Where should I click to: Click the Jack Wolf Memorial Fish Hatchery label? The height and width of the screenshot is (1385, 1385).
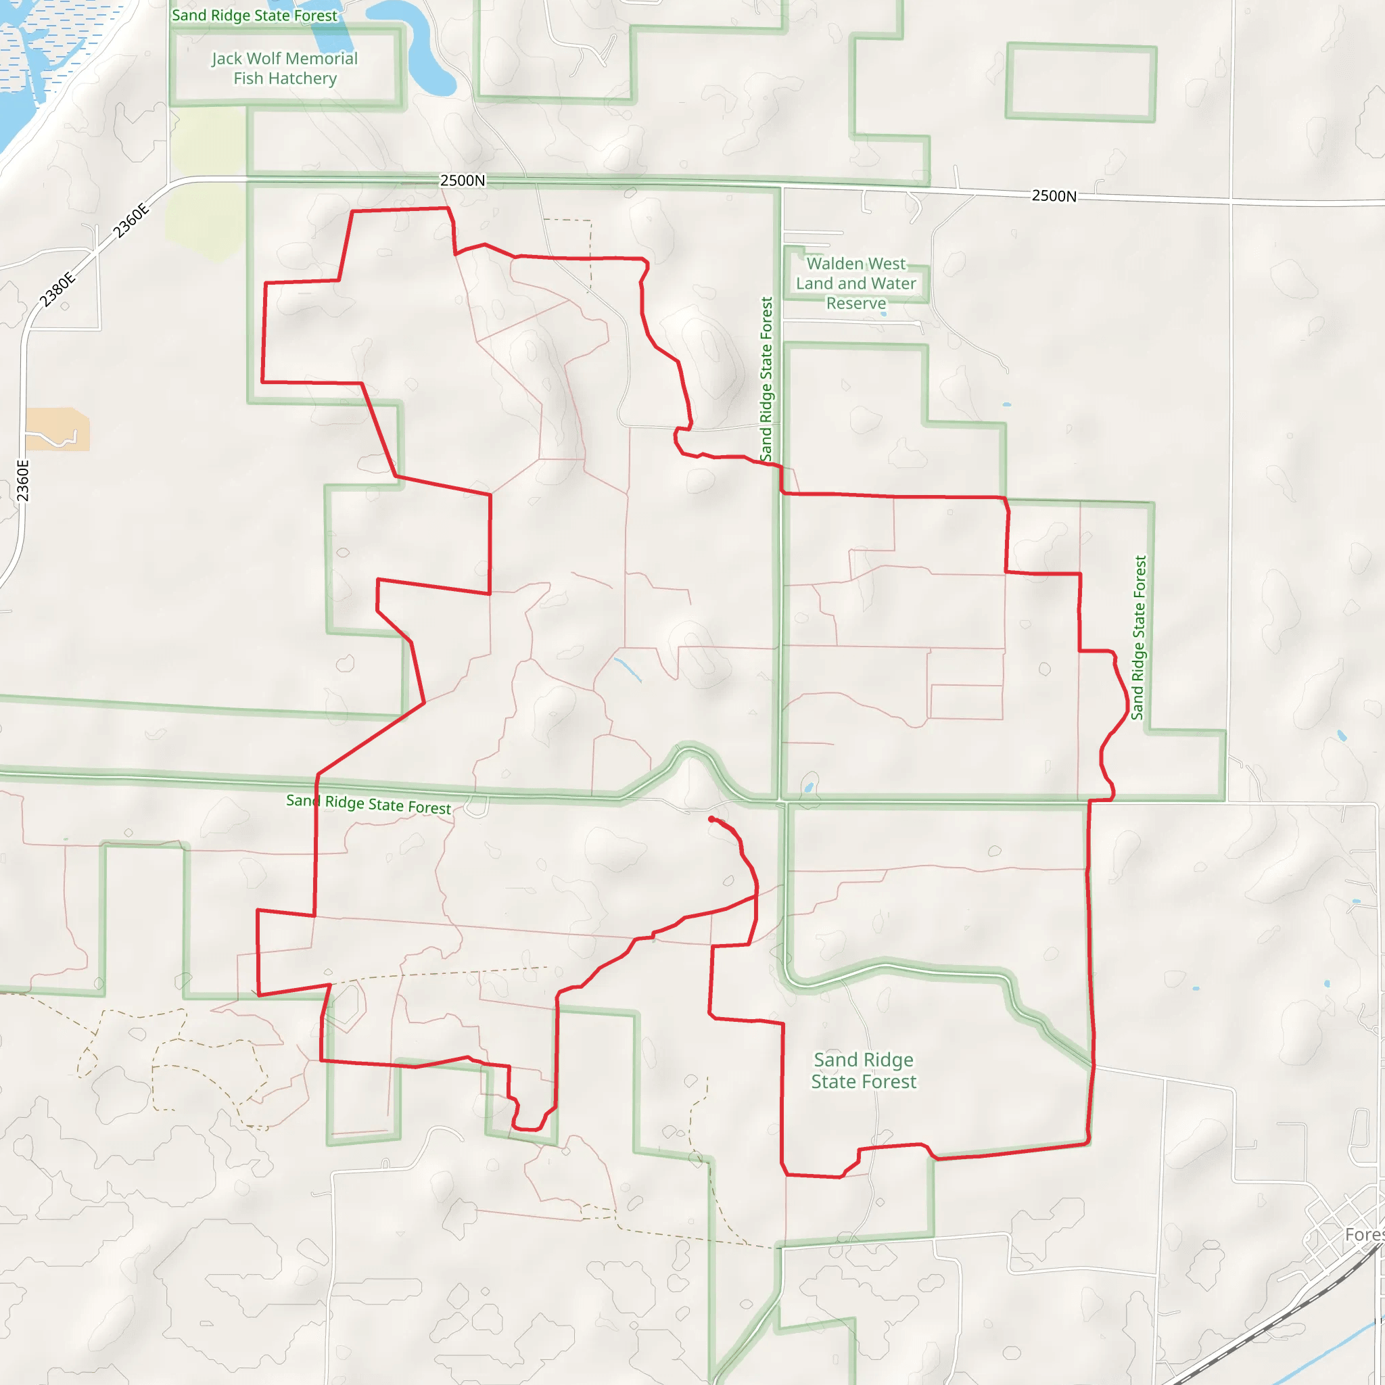(285, 69)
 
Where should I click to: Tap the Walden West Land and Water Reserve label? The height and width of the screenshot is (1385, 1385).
(856, 284)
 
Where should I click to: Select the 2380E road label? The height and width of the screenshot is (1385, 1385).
(57, 289)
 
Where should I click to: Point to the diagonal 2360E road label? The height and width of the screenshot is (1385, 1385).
(131, 220)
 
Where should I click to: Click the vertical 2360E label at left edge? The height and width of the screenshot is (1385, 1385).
(23, 480)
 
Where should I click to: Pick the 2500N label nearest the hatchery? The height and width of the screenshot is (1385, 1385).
(463, 181)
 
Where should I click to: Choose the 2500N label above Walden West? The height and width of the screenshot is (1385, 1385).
(1053, 196)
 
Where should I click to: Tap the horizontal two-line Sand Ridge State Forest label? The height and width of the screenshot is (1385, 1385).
(863, 1071)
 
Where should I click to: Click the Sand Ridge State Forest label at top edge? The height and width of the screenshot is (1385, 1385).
(254, 16)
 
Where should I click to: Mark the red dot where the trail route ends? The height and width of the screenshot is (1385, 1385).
(711, 819)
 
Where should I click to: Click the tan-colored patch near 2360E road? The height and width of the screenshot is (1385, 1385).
(57, 429)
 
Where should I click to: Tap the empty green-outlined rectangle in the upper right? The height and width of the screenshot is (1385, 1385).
(1081, 82)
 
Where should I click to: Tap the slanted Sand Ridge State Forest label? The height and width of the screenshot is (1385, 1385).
(369, 803)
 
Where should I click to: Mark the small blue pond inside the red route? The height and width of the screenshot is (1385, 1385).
(628, 668)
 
